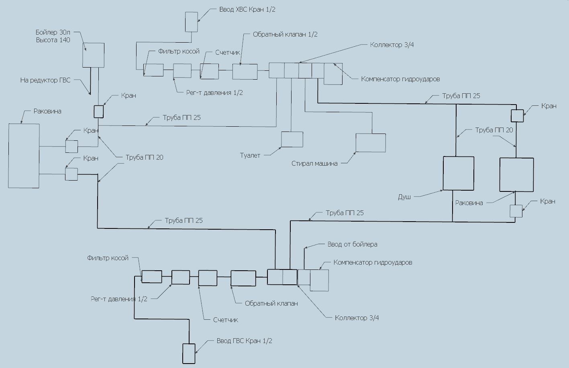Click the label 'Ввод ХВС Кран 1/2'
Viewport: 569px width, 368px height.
pyautogui.click(x=247, y=10)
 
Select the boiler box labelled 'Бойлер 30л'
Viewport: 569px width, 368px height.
pyautogui.click(x=93, y=55)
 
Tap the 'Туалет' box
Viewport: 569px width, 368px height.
pyautogui.click(x=292, y=139)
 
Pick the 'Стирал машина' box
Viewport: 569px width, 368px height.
pyautogui.click(x=371, y=143)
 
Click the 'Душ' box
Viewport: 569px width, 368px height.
pyautogui.click(x=458, y=173)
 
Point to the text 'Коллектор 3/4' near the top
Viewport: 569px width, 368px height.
pyautogui.click(x=392, y=45)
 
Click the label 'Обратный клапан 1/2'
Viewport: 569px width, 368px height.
pyautogui.click(x=285, y=35)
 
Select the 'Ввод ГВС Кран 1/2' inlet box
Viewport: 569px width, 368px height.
pyautogui.click(x=189, y=354)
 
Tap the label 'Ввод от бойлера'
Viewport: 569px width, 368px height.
pyautogui.click(x=352, y=245)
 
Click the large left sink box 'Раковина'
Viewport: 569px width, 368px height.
pyautogui.click(x=24, y=156)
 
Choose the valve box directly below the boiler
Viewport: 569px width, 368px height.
pyautogui.click(x=98, y=112)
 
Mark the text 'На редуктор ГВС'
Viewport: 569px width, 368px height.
pyautogui.click(x=45, y=80)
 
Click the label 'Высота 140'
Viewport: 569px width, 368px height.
pyautogui.click(x=53, y=40)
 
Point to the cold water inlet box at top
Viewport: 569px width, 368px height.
pyautogui.click(x=191, y=22)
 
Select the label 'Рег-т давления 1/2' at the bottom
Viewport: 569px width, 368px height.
pyautogui.click(x=119, y=299)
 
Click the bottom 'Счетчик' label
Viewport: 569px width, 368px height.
pyautogui.click(x=226, y=320)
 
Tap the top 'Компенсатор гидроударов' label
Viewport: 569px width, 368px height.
pyautogui.click(x=400, y=79)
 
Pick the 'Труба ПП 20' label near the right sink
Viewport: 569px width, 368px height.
pyautogui.click(x=494, y=130)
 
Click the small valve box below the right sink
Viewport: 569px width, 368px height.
pyautogui.click(x=516, y=211)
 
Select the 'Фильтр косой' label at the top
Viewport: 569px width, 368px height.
pyautogui.click(x=179, y=51)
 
